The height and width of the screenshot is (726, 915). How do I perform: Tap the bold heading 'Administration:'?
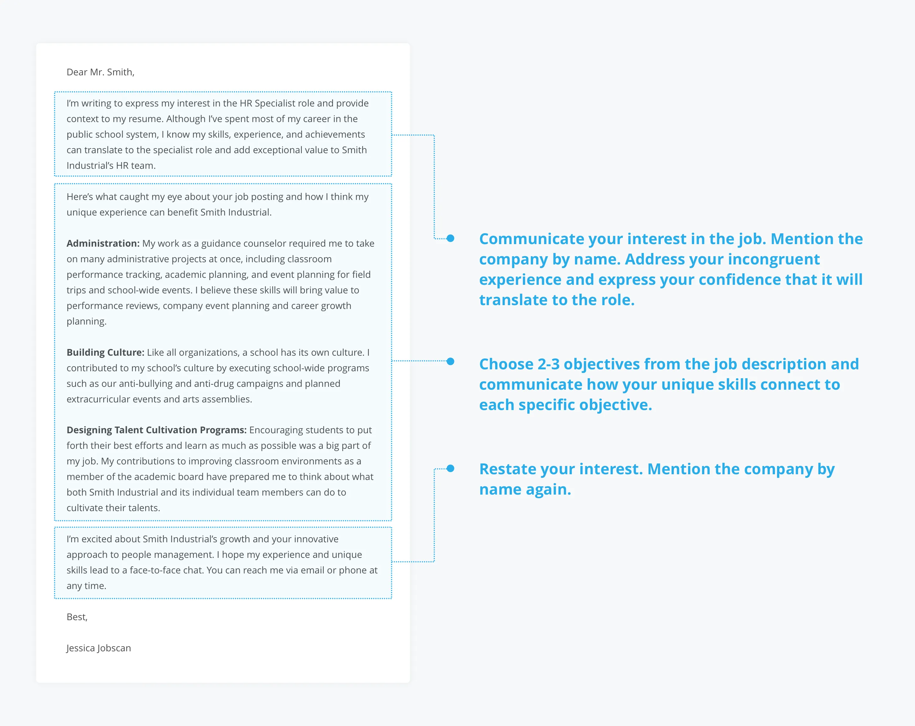(x=103, y=243)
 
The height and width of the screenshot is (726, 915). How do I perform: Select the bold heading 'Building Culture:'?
(x=105, y=353)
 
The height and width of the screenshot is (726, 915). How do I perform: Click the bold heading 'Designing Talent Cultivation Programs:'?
(x=156, y=430)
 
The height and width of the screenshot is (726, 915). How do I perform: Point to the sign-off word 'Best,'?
(x=77, y=617)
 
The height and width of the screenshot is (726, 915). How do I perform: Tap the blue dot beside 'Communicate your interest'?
(x=450, y=239)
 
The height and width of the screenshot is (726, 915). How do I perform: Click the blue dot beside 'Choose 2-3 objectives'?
(x=450, y=361)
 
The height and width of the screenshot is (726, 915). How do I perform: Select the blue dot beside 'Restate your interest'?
(x=450, y=468)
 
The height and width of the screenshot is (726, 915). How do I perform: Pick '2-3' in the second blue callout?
(x=548, y=364)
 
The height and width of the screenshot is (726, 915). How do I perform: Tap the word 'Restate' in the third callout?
(x=505, y=469)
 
